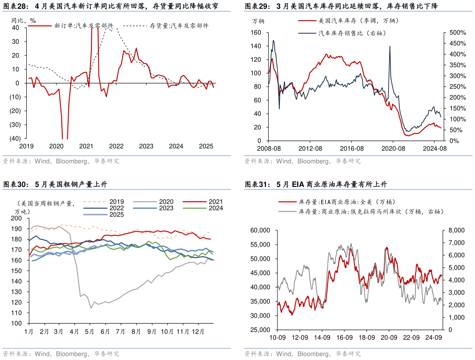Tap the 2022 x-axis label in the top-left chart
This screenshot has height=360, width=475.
coord(116,146)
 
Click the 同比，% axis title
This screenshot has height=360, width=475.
coord(23,20)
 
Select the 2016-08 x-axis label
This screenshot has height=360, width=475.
coord(352,149)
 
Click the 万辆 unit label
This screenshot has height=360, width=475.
coord(259,21)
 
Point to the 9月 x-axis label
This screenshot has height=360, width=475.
coord(152,331)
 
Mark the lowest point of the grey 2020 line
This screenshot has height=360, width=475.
coord(91,308)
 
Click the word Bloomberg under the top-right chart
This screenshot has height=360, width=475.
coord(313,161)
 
